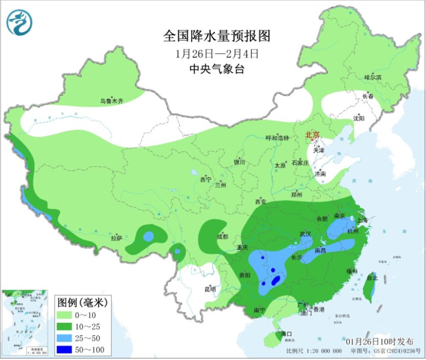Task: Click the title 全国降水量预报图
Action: coord(216,36)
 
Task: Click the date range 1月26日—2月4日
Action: coord(217,53)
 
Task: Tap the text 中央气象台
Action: coord(217,68)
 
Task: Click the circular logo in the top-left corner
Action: coord(19,23)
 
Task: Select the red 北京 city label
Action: coord(312,135)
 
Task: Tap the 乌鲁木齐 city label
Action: coord(111,101)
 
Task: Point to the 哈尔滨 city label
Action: coord(373,77)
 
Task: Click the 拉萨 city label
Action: coord(116,238)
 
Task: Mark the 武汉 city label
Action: coord(306,234)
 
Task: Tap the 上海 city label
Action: coord(362,221)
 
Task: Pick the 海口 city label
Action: coord(286,334)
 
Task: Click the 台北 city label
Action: coord(372,277)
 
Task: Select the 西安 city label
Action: coord(261,202)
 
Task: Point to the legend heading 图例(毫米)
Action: coord(82,303)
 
